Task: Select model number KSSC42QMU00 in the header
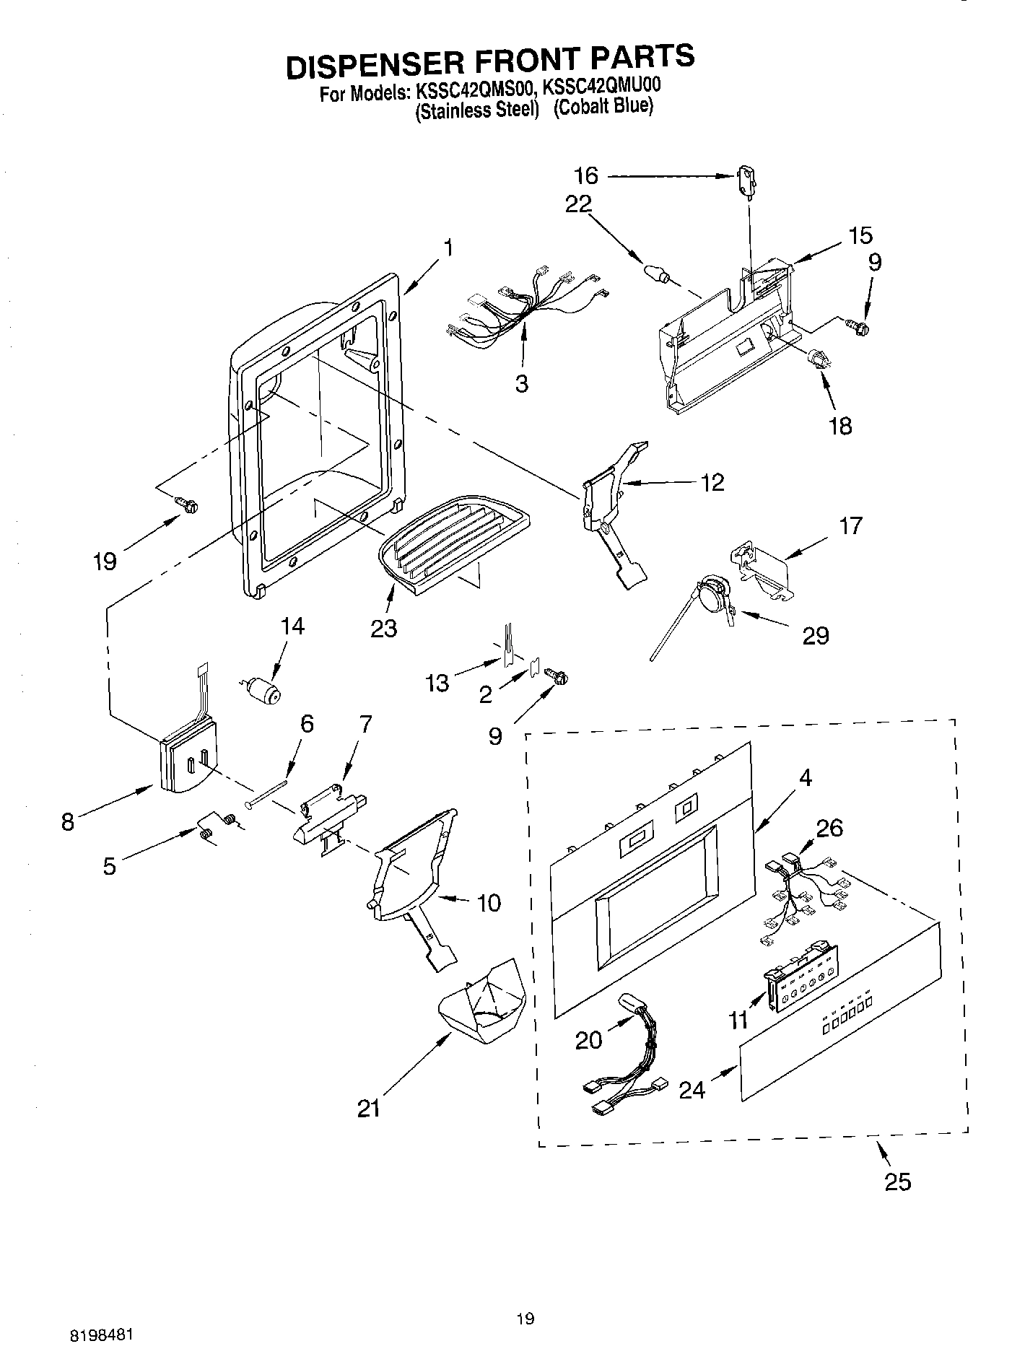pyautogui.click(x=601, y=87)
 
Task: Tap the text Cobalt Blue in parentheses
pyautogui.click(x=603, y=108)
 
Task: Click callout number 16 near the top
pyautogui.click(x=586, y=175)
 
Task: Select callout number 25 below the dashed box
pyautogui.click(x=897, y=1182)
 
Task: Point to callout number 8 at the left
pyautogui.click(x=68, y=821)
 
